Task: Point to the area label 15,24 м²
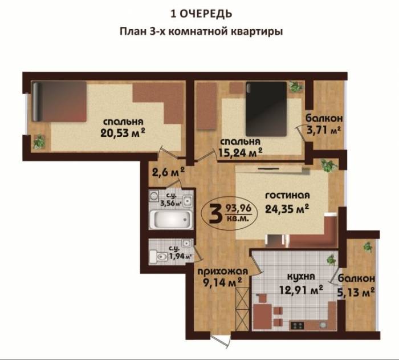coord(239,152)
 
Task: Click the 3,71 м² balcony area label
coord(324,130)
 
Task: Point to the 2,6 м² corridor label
coord(168,171)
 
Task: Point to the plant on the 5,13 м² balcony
coord(367,246)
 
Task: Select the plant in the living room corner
coord(327,166)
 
